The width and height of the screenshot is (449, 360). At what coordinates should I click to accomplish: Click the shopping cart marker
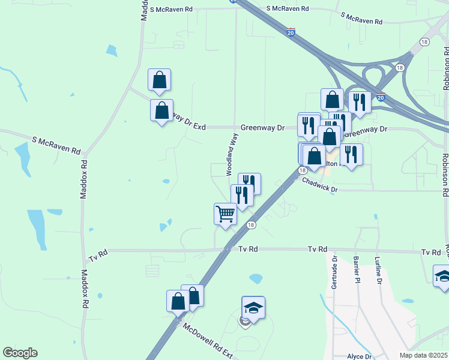click(x=225, y=214)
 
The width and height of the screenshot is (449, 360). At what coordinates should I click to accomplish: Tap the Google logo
click(x=20, y=353)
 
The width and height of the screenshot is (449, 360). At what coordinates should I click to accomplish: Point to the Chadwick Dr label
click(x=320, y=185)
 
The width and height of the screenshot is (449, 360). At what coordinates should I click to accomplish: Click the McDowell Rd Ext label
click(x=208, y=340)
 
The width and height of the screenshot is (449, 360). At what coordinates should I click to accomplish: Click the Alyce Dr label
click(x=360, y=356)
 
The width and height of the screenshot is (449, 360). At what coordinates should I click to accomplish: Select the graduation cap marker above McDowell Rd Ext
click(x=253, y=308)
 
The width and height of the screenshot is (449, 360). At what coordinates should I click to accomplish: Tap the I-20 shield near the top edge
click(x=291, y=31)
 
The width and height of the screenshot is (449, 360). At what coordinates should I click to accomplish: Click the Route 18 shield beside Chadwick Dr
click(x=300, y=170)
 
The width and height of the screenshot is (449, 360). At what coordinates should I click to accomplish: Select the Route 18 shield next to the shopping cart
click(x=250, y=225)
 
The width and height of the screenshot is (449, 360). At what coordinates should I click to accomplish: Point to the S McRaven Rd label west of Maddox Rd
click(x=56, y=143)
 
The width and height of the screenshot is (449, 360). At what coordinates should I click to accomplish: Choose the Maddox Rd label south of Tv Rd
click(x=85, y=289)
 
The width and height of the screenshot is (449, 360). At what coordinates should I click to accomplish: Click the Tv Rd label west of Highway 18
click(x=97, y=254)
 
